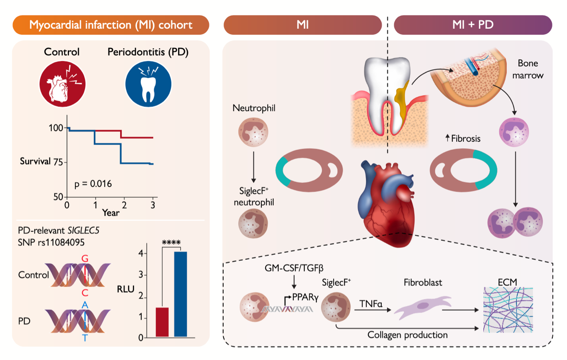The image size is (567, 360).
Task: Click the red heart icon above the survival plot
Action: tap(62, 84)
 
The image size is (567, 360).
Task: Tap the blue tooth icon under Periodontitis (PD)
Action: tap(148, 84)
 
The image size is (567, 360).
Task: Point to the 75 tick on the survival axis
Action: tap(58, 162)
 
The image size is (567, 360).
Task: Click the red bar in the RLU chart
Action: tap(162, 322)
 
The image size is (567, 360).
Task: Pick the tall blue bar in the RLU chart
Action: tap(180, 294)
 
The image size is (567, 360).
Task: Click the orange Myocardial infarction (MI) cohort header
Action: tap(111, 24)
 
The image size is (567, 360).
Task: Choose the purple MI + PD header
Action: tap(473, 25)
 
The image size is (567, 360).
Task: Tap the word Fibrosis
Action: tap(466, 139)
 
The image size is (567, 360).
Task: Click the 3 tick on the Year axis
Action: tap(153, 204)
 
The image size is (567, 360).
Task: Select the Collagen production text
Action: tap(408, 334)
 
